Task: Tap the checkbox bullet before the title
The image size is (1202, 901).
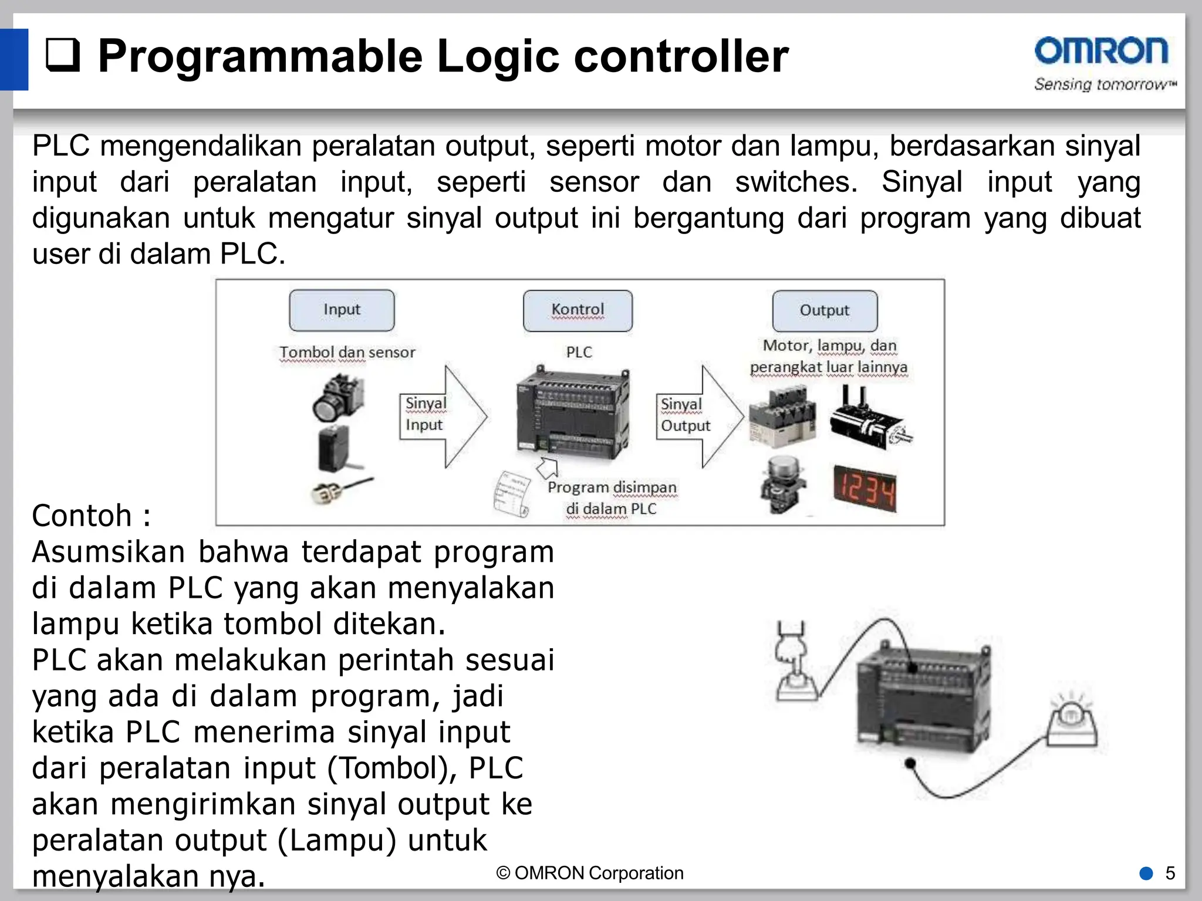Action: pos(63,56)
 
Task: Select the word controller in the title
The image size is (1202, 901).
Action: pos(681,57)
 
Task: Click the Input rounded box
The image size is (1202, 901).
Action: pos(342,310)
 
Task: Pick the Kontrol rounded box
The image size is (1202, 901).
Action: pos(578,310)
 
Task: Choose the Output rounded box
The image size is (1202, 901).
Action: pos(825,311)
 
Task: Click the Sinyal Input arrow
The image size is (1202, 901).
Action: pos(443,416)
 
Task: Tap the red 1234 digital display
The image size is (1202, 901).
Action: pos(865,489)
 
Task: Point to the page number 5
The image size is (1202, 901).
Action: pos(1170,873)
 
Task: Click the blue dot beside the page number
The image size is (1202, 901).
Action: pos(1146,873)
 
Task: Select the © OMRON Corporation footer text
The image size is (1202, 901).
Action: pos(590,873)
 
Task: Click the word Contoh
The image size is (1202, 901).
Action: pos(82,516)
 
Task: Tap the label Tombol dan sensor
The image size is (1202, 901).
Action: pos(347,353)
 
